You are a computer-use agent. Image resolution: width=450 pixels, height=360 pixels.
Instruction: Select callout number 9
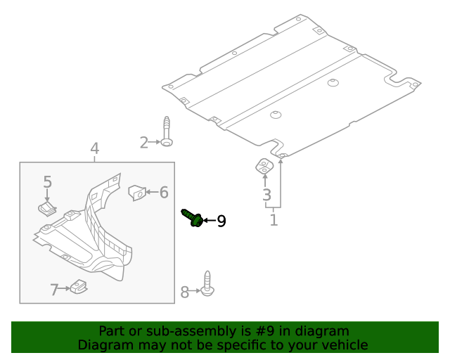[221, 221]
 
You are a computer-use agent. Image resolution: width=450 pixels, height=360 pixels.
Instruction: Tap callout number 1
[274, 220]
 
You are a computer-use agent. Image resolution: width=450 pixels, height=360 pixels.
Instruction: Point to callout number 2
[144, 143]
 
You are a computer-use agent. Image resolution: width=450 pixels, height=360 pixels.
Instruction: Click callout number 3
[266, 195]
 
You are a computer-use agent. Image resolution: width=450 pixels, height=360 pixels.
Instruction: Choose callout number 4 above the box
[95, 148]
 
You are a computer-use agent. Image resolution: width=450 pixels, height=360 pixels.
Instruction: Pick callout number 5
[47, 182]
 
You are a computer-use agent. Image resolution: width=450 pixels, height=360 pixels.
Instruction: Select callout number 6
[163, 192]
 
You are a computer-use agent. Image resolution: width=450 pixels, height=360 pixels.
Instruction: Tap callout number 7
[55, 289]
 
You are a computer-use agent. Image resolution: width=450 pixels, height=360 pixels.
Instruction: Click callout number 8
[185, 292]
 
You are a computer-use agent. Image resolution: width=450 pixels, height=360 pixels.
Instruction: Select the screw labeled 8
[207, 282]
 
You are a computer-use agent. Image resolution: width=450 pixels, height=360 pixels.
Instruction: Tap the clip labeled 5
[46, 208]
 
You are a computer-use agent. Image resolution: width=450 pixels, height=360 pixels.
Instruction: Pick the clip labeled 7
[78, 287]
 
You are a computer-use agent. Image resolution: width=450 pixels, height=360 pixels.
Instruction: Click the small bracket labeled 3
[263, 167]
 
